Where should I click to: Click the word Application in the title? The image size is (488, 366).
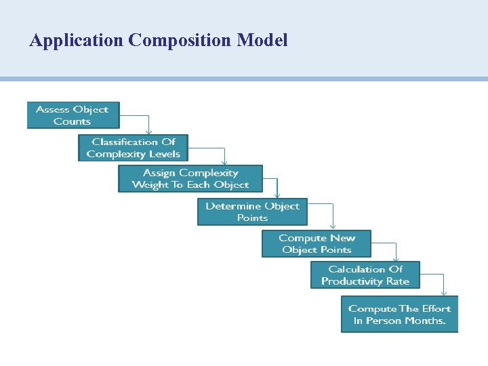point(76,41)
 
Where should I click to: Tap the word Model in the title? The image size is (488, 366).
point(262,41)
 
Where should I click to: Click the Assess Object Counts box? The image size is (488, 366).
point(73,115)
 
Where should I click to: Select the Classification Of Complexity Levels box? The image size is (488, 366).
point(133,148)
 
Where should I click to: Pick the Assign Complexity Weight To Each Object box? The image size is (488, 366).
point(190,179)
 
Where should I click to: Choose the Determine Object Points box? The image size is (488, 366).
point(252,211)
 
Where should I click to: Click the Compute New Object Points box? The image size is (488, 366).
point(317,244)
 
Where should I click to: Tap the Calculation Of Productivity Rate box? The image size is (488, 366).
point(365,275)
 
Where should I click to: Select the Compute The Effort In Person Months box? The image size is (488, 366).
point(399,314)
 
